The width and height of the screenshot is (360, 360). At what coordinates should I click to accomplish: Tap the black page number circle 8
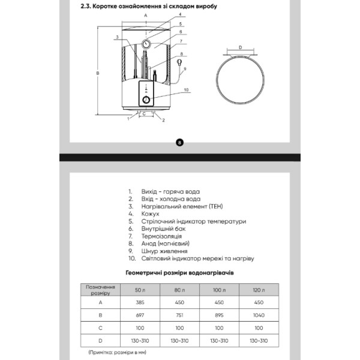(x=179, y=142)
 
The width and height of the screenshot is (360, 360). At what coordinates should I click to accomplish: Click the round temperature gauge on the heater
(x=146, y=43)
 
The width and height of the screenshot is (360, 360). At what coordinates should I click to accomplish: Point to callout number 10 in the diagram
(x=186, y=90)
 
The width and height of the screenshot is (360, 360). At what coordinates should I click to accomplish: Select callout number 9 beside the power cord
(x=185, y=69)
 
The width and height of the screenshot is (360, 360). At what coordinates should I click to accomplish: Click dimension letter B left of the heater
(x=98, y=73)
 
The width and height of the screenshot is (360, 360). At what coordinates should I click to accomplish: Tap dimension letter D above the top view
(x=239, y=47)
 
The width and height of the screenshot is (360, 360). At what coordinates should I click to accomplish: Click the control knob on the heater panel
(x=146, y=99)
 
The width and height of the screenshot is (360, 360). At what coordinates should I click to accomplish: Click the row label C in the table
(x=100, y=328)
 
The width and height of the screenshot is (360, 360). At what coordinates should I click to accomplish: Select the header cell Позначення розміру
(x=100, y=290)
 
